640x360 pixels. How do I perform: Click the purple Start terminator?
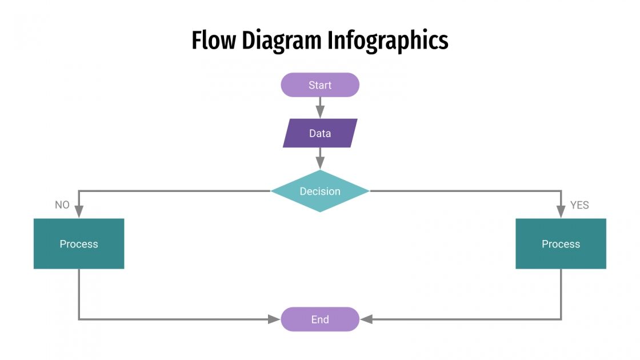coord(320,85)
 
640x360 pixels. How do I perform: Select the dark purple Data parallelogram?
coord(320,133)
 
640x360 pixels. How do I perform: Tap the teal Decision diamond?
coord(320,191)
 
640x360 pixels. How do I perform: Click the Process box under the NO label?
coord(79,244)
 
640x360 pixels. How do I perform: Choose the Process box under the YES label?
coord(561,244)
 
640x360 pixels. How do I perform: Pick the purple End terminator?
coord(320,319)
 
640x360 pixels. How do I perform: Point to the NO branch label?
coord(62,205)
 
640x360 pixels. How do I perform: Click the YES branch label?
coord(579,205)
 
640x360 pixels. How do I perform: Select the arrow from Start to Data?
coord(320,107)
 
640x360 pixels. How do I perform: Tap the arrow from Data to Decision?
coord(320,158)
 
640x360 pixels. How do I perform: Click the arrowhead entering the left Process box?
coord(79,212)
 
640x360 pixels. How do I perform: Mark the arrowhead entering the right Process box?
coord(561,212)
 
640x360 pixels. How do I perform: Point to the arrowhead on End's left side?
coord(275,319)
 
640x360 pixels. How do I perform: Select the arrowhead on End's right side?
coord(366,319)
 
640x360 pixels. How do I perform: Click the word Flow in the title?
coord(213,41)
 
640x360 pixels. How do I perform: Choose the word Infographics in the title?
coord(388,41)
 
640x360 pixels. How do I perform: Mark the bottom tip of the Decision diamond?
coord(320,211)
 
